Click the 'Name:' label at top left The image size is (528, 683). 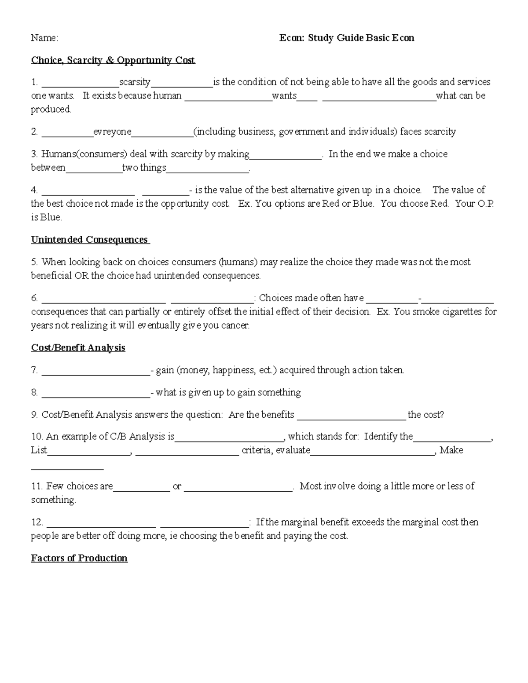click(x=44, y=38)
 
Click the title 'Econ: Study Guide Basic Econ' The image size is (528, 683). click(x=347, y=38)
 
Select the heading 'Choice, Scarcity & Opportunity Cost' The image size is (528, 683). click(x=113, y=60)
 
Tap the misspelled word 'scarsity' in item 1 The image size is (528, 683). click(x=135, y=82)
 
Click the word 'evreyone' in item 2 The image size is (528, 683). click(x=112, y=132)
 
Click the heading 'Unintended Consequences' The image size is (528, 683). click(x=90, y=240)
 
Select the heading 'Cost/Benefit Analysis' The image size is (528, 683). click(x=78, y=348)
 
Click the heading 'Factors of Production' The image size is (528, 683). click(x=79, y=558)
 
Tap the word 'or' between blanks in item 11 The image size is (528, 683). click(x=177, y=486)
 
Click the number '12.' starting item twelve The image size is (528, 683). click(x=37, y=522)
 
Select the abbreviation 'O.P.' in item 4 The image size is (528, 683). click(x=485, y=204)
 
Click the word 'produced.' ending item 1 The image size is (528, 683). click(x=51, y=110)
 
